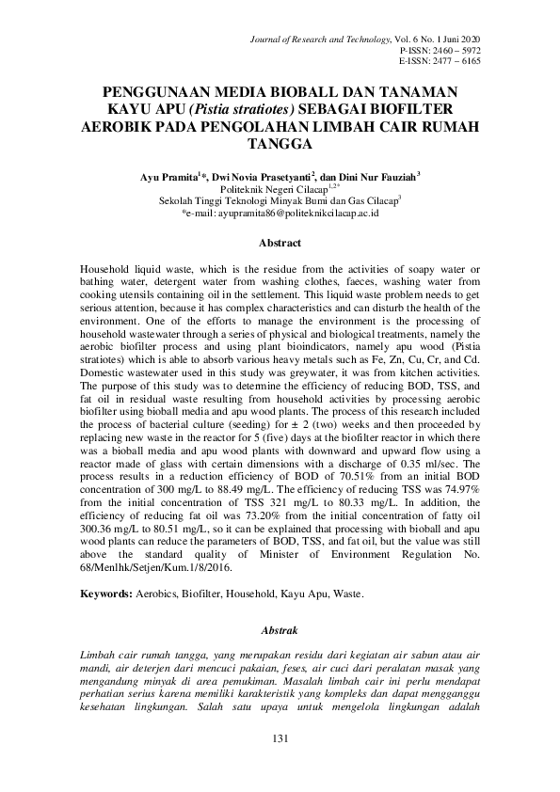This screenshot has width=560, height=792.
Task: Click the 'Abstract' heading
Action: [x=280, y=243]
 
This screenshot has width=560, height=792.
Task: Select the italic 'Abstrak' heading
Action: [x=280, y=629]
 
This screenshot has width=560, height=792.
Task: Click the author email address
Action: [x=280, y=214]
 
